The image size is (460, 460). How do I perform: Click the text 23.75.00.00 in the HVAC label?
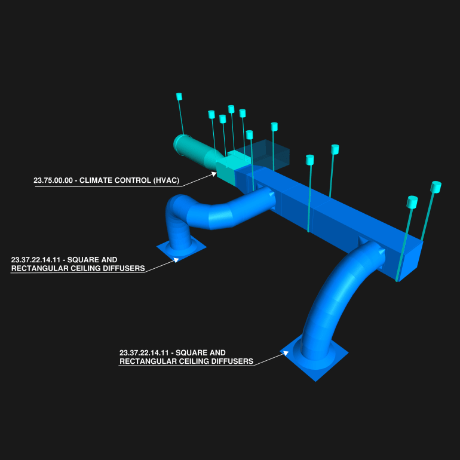click(x=53, y=180)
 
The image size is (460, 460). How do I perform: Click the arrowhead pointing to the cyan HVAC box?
click(x=214, y=174)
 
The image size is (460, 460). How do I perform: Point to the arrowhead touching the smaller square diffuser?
click(x=176, y=259)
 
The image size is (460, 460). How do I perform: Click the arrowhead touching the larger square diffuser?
click(x=286, y=354)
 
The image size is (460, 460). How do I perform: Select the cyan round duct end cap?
click(x=180, y=145)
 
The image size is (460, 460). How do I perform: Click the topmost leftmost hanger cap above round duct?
click(x=179, y=97)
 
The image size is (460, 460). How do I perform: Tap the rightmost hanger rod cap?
click(x=436, y=187)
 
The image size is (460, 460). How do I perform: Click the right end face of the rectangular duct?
click(x=411, y=261)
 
